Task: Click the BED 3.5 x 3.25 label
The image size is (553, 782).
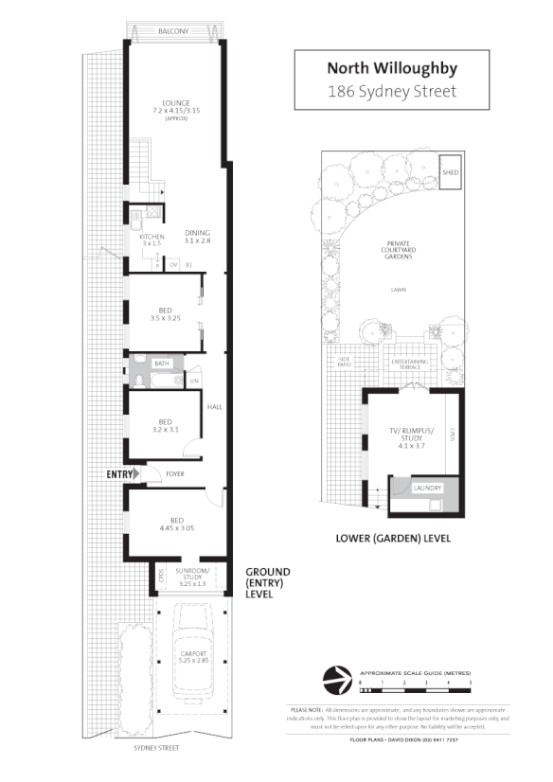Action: click(x=165, y=314)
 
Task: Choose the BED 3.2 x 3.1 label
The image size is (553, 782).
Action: click(x=165, y=426)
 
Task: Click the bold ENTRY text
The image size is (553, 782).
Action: click(x=120, y=474)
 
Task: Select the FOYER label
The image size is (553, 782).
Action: click(x=175, y=474)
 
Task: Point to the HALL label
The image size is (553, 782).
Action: click(x=214, y=407)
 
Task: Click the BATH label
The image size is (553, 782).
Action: click(x=162, y=363)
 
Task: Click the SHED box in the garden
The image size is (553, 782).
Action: click(x=451, y=172)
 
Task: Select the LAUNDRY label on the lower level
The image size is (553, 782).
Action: click(x=428, y=488)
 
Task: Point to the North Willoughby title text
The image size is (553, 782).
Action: click(x=391, y=67)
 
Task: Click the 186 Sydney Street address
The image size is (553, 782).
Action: click(x=391, y=92)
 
